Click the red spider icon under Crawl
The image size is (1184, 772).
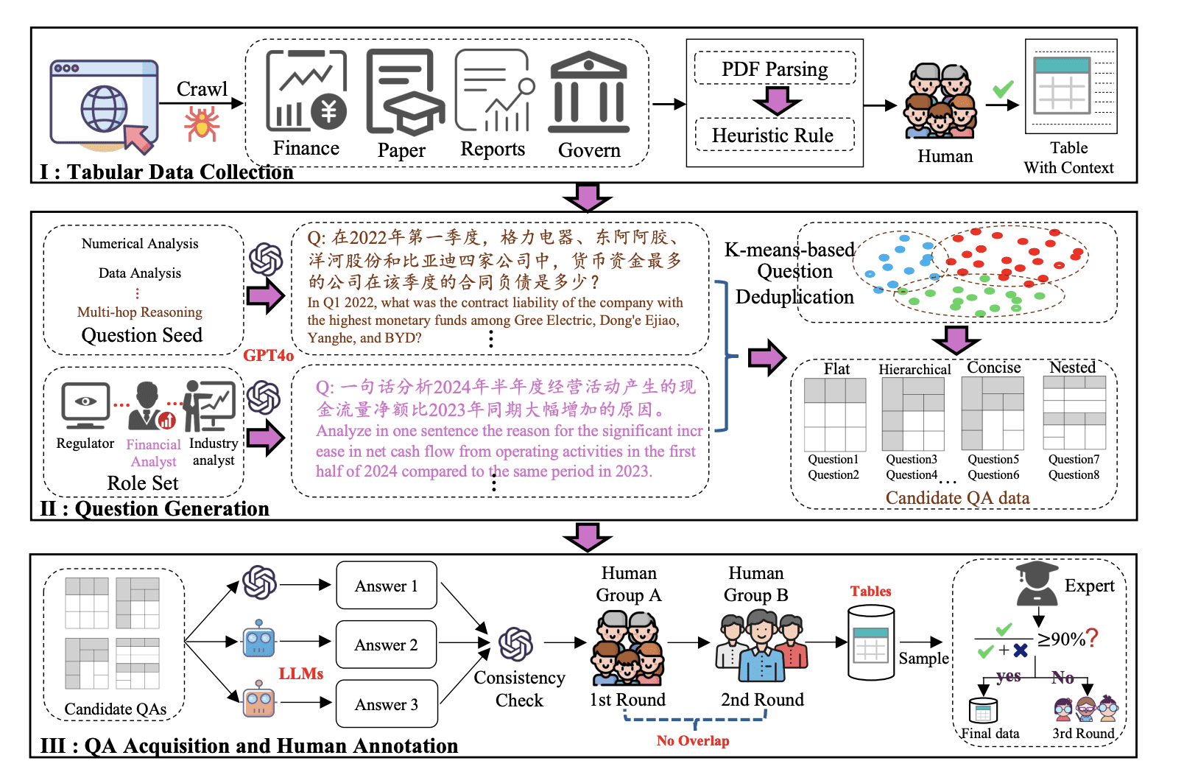click(x=202, y=123)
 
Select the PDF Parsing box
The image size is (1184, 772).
click(x=775, y=69)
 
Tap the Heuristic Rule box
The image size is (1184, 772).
click(x=773, y=135)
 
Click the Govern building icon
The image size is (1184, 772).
click(x=589, y=92)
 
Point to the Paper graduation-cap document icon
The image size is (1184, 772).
click(x=404, y=92)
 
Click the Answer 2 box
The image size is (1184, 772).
click(x=387, y=645)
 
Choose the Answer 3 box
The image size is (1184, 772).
click(x=387, y=704)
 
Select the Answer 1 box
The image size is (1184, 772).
click(x=387, y=586)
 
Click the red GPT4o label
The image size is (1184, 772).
click(x=269, y=355)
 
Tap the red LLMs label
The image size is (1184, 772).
click(x=301, y=673)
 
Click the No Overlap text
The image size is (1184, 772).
click(x=693, y=740)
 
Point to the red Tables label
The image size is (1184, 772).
click(x=870, y=591)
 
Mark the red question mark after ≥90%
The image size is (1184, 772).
click(x=1092, y=637)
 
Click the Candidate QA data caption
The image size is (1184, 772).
click(x=957, y=498)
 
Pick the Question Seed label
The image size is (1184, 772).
click(x=142, y=335)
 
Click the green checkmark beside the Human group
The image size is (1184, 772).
click(x=1003, y=89)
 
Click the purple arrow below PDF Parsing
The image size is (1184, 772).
click(x=777, y=100)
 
